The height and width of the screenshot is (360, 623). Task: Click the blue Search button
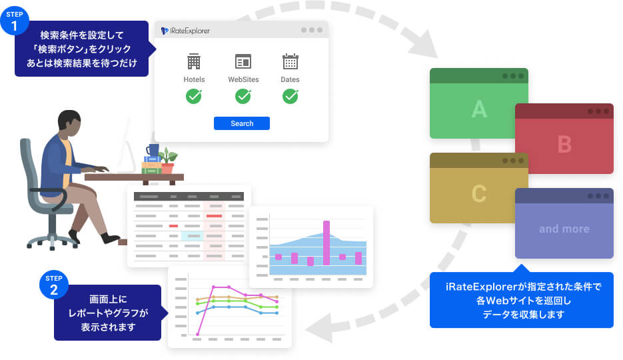241,123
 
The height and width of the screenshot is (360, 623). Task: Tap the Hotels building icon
194,62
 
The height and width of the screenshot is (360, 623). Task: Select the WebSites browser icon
243,62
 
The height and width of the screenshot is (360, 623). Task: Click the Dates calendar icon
290,62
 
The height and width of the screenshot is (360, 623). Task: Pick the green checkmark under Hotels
194,97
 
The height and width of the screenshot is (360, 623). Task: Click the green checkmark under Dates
290,97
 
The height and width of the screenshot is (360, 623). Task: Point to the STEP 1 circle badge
14,21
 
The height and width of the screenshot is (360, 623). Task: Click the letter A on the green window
478,109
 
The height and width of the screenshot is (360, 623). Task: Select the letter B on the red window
564,144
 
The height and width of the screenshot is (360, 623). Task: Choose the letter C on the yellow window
478,193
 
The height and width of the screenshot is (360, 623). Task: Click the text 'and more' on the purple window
564,229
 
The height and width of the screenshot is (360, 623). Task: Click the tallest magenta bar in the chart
326,243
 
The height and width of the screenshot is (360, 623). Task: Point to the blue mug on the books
153,150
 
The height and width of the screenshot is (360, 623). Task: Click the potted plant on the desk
167,161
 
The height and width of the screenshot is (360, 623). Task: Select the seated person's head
69,123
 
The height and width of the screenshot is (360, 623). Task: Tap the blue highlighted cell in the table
191,236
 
